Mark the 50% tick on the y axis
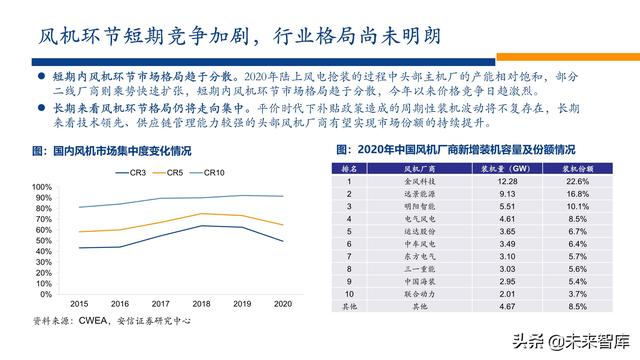[44, 241]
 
